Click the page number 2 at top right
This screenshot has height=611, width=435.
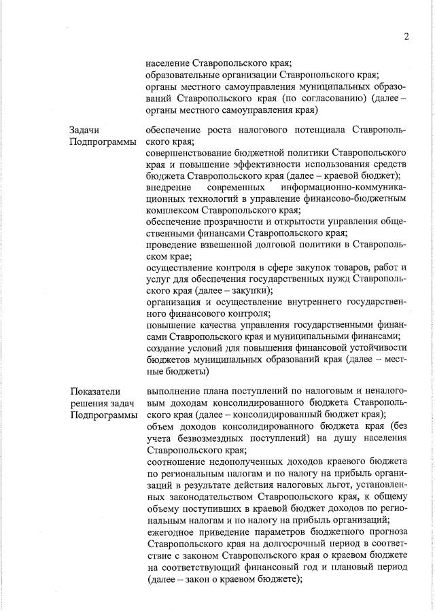pyautogui.click(x=406, y=36)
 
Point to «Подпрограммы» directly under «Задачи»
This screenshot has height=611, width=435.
pyautogui.click(x=102, y=141)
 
